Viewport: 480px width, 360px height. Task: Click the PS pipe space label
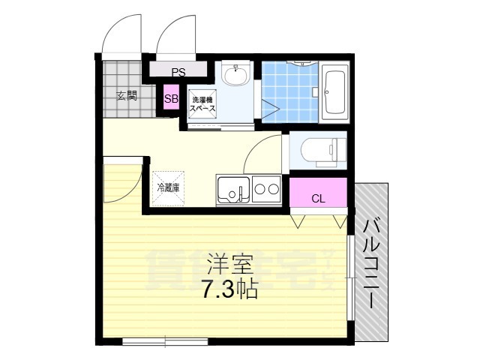pyautogui.click(x=178, y=73)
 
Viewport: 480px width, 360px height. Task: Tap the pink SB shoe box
pyautogui.click(x=171, y=98)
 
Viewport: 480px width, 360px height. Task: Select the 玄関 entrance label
pyautogui.click(x=127, y=95)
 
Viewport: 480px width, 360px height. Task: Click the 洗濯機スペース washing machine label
pyautogui.click(x=202, y=104)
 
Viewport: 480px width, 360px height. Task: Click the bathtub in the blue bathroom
pyautogui.click(x=334, y=90)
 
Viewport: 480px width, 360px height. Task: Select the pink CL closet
pyautogui.click(x=318, y=198)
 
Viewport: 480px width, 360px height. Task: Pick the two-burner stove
pyautogui.click(x=266, y=190)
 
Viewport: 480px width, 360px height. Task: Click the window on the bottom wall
pyautogui.click(x=166, y=342)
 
